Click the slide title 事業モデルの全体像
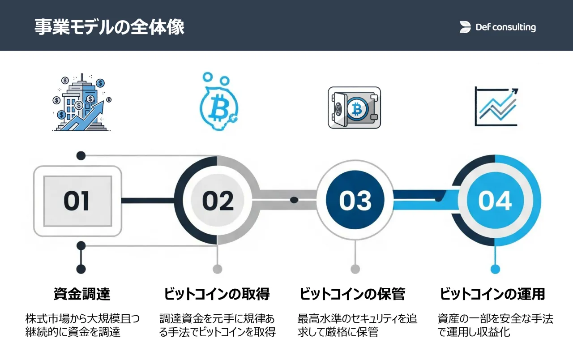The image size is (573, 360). pos(109,27)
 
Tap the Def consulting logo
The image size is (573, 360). pos(497,27)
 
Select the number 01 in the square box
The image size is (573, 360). pos(77,201)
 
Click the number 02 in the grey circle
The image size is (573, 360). pos(218,201)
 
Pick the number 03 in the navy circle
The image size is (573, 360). pos(355,201)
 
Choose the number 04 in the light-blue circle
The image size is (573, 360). pos(495,201)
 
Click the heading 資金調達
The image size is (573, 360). pos(81,294)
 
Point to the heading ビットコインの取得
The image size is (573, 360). pos(217,294)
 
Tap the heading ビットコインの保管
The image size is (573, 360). pos(352,294)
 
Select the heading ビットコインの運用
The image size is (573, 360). pos(492,294)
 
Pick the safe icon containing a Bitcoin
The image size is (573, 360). pos(354,107)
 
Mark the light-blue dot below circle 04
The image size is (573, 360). pos(495,269)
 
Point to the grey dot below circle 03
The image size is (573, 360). pos(355,269)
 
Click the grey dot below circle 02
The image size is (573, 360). pos(217,269)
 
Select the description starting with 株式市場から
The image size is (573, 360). pos(82,326)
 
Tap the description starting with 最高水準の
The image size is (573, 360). pos(357,326)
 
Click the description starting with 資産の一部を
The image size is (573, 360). pos(495,326)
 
